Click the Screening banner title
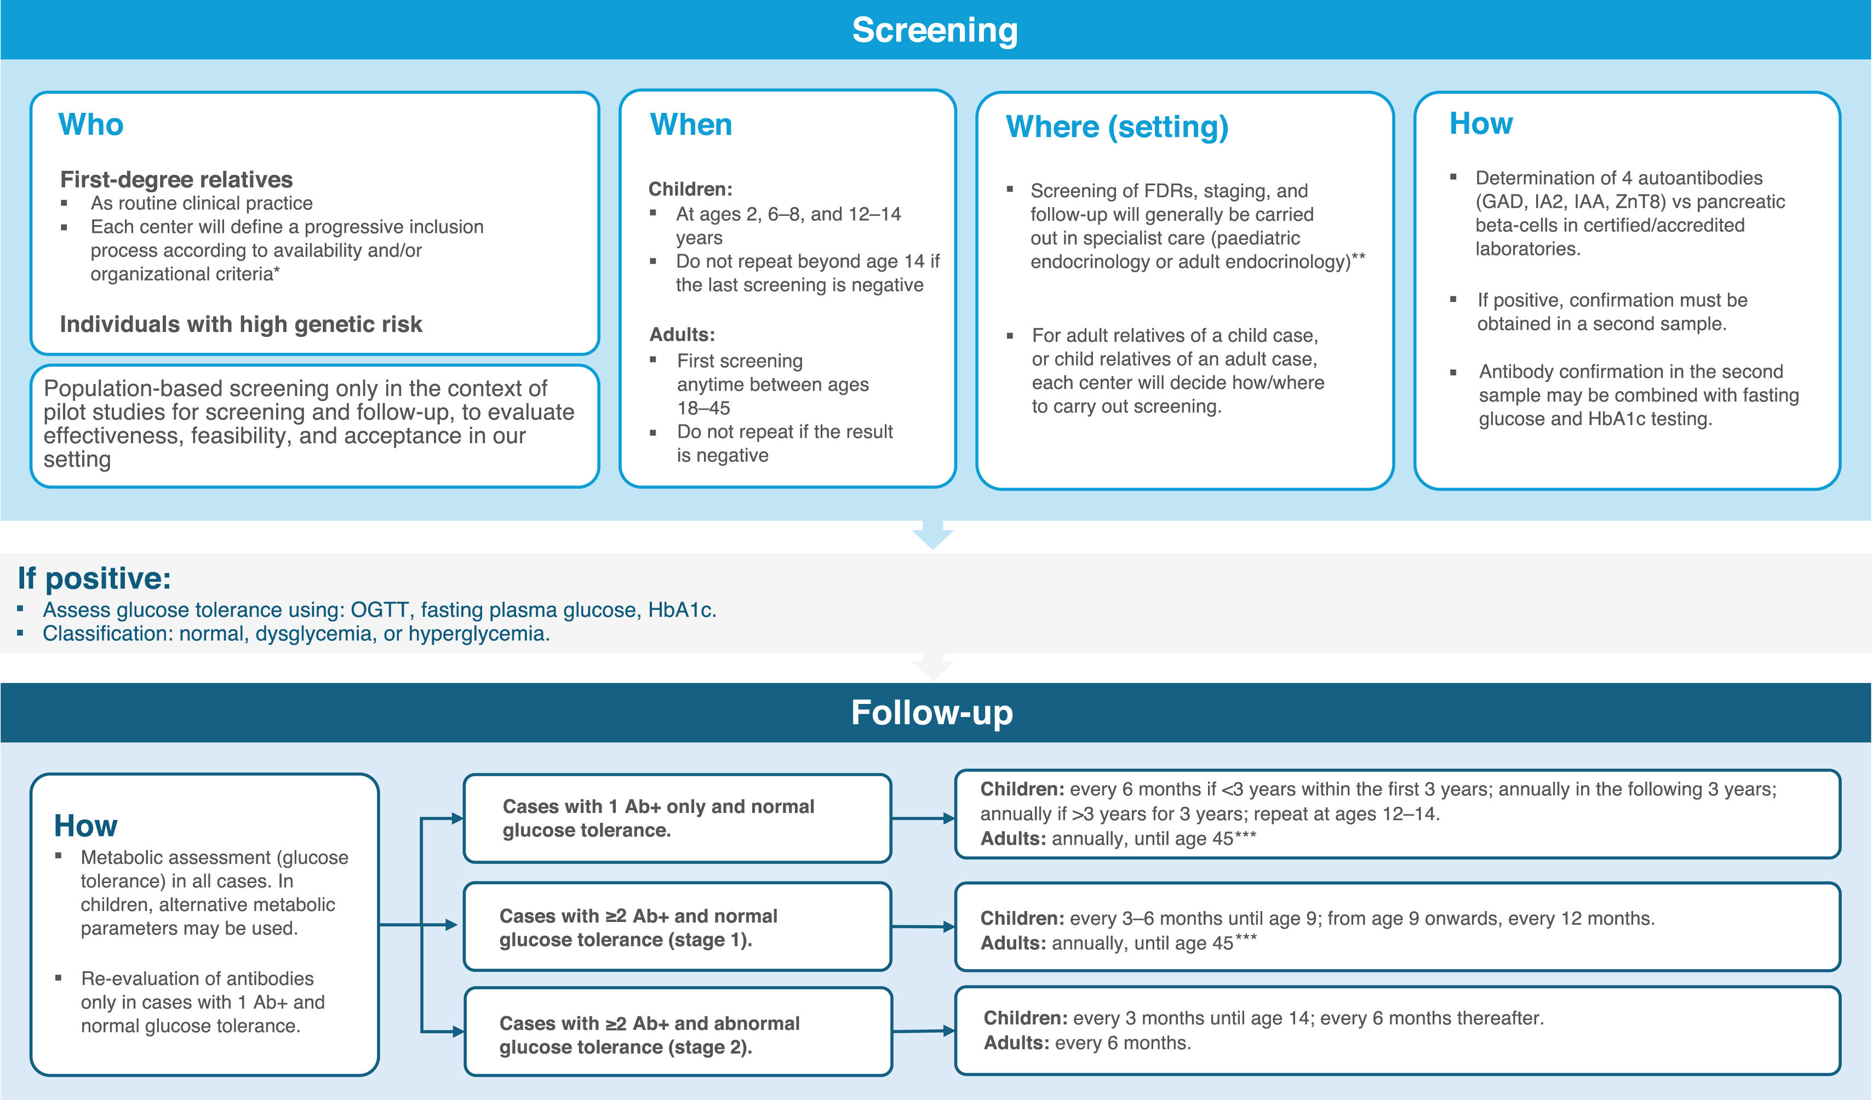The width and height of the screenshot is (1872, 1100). (935, 31)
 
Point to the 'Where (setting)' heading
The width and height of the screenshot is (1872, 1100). (1117, 127)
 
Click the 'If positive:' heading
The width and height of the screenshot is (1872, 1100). (94, 578)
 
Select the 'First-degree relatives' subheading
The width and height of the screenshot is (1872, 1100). (176, 179)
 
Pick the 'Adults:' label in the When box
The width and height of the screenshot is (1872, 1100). (682, 334)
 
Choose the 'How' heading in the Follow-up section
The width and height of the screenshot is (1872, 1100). (85, 826)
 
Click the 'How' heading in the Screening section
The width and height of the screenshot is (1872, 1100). (1480, 123)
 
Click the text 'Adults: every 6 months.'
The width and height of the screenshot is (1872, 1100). (1087, 1043)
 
